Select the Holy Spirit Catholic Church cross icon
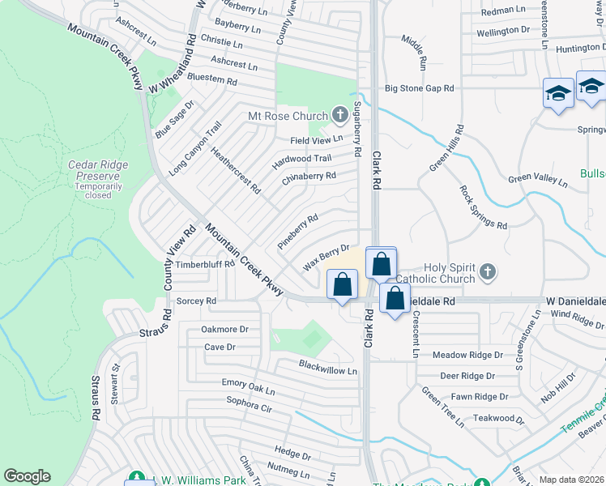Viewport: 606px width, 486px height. click(x=488, y=272)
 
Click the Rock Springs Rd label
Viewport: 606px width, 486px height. click(x=483, y=207)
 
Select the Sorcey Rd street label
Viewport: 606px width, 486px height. click(x=197, y=301)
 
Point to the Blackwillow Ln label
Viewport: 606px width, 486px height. click(x=327, y=370)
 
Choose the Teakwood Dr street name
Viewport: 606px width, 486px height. click(x=500, y=418)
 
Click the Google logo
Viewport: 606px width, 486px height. click(x=27, y=476)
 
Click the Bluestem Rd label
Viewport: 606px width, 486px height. click(x=211, y=81)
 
